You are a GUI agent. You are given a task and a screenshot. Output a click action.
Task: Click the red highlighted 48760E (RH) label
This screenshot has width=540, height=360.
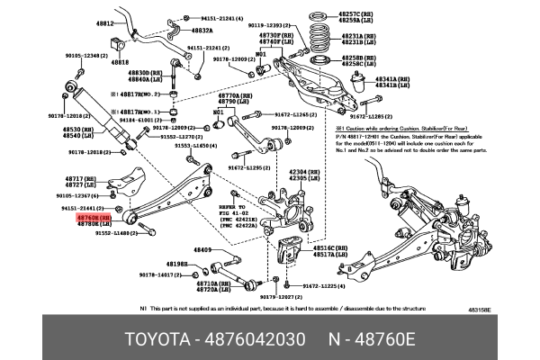[94, 217]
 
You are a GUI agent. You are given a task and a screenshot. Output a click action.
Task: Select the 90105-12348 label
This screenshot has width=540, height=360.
[82, 54]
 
